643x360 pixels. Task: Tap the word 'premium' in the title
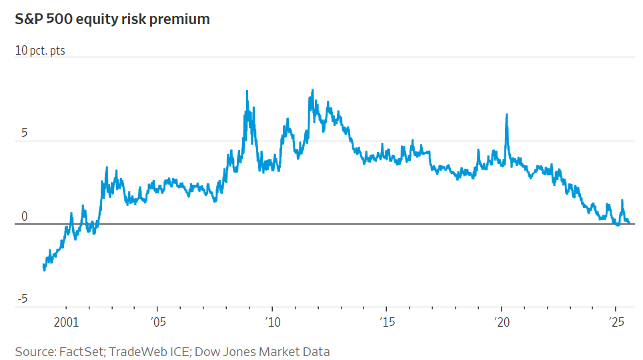178,19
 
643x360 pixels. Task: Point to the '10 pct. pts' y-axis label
40,51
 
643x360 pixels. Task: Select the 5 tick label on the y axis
24,133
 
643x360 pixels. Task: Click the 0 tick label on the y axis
24,217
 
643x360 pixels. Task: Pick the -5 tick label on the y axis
22,299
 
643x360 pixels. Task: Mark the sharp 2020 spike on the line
507,115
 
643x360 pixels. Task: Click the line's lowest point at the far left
44,270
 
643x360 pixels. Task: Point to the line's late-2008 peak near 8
247,91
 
